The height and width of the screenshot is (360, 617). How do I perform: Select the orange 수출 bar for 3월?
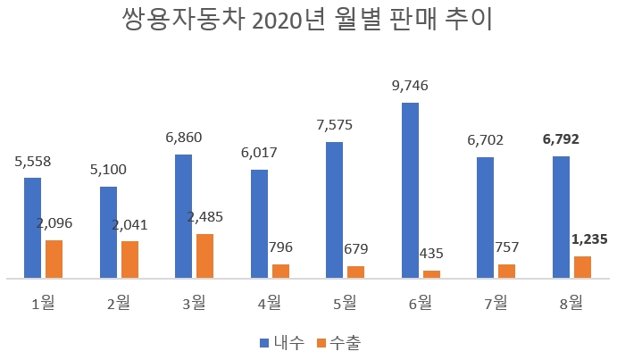[205, 256]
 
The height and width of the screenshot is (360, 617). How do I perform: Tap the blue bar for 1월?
[33, 228]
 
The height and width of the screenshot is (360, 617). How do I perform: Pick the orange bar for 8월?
[582, 268]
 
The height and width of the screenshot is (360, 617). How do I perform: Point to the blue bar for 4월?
[260, 224]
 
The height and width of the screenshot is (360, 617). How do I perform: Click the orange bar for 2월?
[130, 260]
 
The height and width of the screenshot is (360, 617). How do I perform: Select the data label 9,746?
[411, 87]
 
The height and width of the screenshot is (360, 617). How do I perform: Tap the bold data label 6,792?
[562, 139]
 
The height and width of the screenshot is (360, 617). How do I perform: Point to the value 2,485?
[204, 217]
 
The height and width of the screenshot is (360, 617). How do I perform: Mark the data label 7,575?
[334, 125]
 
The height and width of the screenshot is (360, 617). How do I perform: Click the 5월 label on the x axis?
[344, 304]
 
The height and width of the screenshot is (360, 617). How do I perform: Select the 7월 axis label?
[496, 304]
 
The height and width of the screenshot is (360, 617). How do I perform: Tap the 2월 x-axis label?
[118, 304]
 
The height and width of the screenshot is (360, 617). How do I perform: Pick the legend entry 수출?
[343, 341]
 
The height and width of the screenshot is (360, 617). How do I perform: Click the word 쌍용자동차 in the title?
[179, 21]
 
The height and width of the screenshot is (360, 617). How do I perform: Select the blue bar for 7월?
[486, 218]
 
